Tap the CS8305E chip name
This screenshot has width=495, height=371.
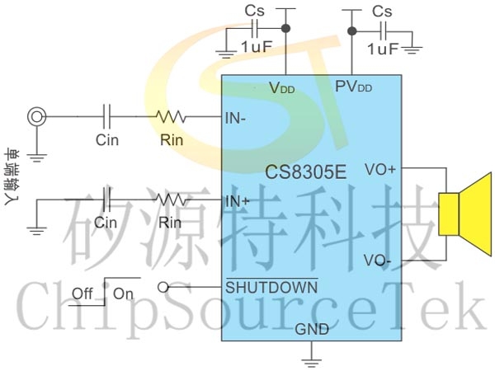[304, 172]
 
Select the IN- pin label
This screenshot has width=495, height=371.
[236, 118]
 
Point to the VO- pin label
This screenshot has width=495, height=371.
[379, 261]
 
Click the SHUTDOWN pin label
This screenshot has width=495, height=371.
[271, 288]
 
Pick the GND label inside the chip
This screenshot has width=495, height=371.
[312, 329]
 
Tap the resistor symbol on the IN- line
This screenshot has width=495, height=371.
[172, 117]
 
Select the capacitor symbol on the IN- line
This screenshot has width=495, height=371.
[106, 117]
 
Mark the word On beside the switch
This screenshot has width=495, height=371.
[123, 294]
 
